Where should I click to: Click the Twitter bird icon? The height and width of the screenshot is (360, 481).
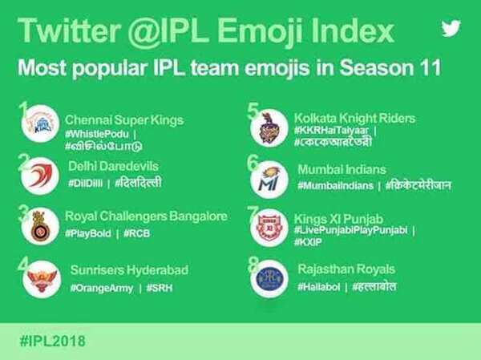(x=451, y=28)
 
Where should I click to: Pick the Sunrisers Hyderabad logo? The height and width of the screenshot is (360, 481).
(x=39, y=277)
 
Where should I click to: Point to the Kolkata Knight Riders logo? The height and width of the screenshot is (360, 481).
(x=267, y=127)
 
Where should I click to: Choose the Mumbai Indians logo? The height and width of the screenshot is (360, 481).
(x=267, y=178)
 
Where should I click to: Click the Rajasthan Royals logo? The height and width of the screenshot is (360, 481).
(x=268, y=278)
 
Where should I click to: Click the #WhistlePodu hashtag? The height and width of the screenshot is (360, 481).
(x=97, y=132)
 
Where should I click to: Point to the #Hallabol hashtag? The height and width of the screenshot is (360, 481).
(x=317, y=286)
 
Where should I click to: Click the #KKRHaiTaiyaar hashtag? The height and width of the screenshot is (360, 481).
(x=332, y=131)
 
